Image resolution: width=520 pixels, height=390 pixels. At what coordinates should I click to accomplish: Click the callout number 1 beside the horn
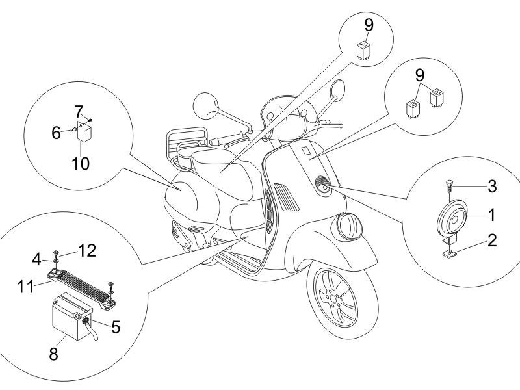click(492, 213)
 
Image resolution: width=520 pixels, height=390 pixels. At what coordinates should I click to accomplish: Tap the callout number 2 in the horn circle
click(492, 240)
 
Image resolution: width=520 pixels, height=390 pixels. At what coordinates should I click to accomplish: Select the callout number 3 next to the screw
click(492, 187)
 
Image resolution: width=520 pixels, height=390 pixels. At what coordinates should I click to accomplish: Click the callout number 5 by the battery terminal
click(115, 326)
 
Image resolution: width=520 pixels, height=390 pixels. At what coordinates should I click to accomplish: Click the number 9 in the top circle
click(369, 25)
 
